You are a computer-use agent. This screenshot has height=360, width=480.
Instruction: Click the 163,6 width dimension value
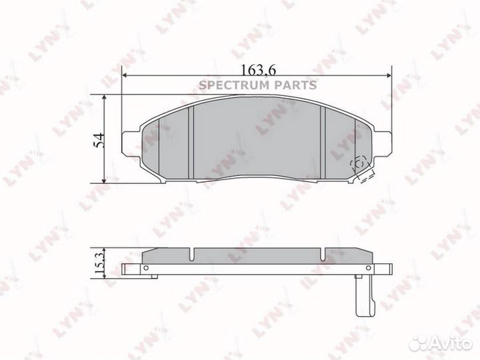259,70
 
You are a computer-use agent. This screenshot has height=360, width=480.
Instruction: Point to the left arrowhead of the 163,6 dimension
124,75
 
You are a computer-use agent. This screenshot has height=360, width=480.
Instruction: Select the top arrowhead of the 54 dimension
105,97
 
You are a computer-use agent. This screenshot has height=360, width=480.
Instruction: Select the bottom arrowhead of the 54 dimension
105,181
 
